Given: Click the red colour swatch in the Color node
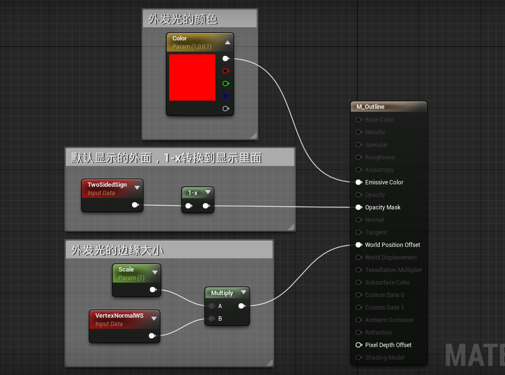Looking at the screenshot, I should [192, 78].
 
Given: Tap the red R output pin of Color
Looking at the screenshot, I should [225, 71].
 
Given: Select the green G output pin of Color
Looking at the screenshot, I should [225, 83].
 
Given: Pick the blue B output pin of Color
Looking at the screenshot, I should [225, 96].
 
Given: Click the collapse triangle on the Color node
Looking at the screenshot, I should [227, 42].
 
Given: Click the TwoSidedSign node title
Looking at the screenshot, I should [107, 185].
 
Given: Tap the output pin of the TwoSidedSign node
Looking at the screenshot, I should [135, 205].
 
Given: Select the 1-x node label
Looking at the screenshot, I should [193, 193].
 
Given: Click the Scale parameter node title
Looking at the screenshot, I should [126, 270].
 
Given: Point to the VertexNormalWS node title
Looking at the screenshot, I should [120, 316].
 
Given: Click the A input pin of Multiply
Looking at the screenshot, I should [212, 306].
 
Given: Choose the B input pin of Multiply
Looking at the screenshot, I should [212, 318].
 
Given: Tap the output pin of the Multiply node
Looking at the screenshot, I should [241, 306].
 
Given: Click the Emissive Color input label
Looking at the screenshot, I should [384, 182].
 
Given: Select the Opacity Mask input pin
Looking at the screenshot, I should [359, 207].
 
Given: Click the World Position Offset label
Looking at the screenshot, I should [392, 245].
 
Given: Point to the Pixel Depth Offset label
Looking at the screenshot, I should [388, 345].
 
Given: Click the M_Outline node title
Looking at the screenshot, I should [371, 107].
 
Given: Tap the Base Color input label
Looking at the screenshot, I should [379, 120].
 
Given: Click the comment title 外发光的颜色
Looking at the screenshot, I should [183, 19].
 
